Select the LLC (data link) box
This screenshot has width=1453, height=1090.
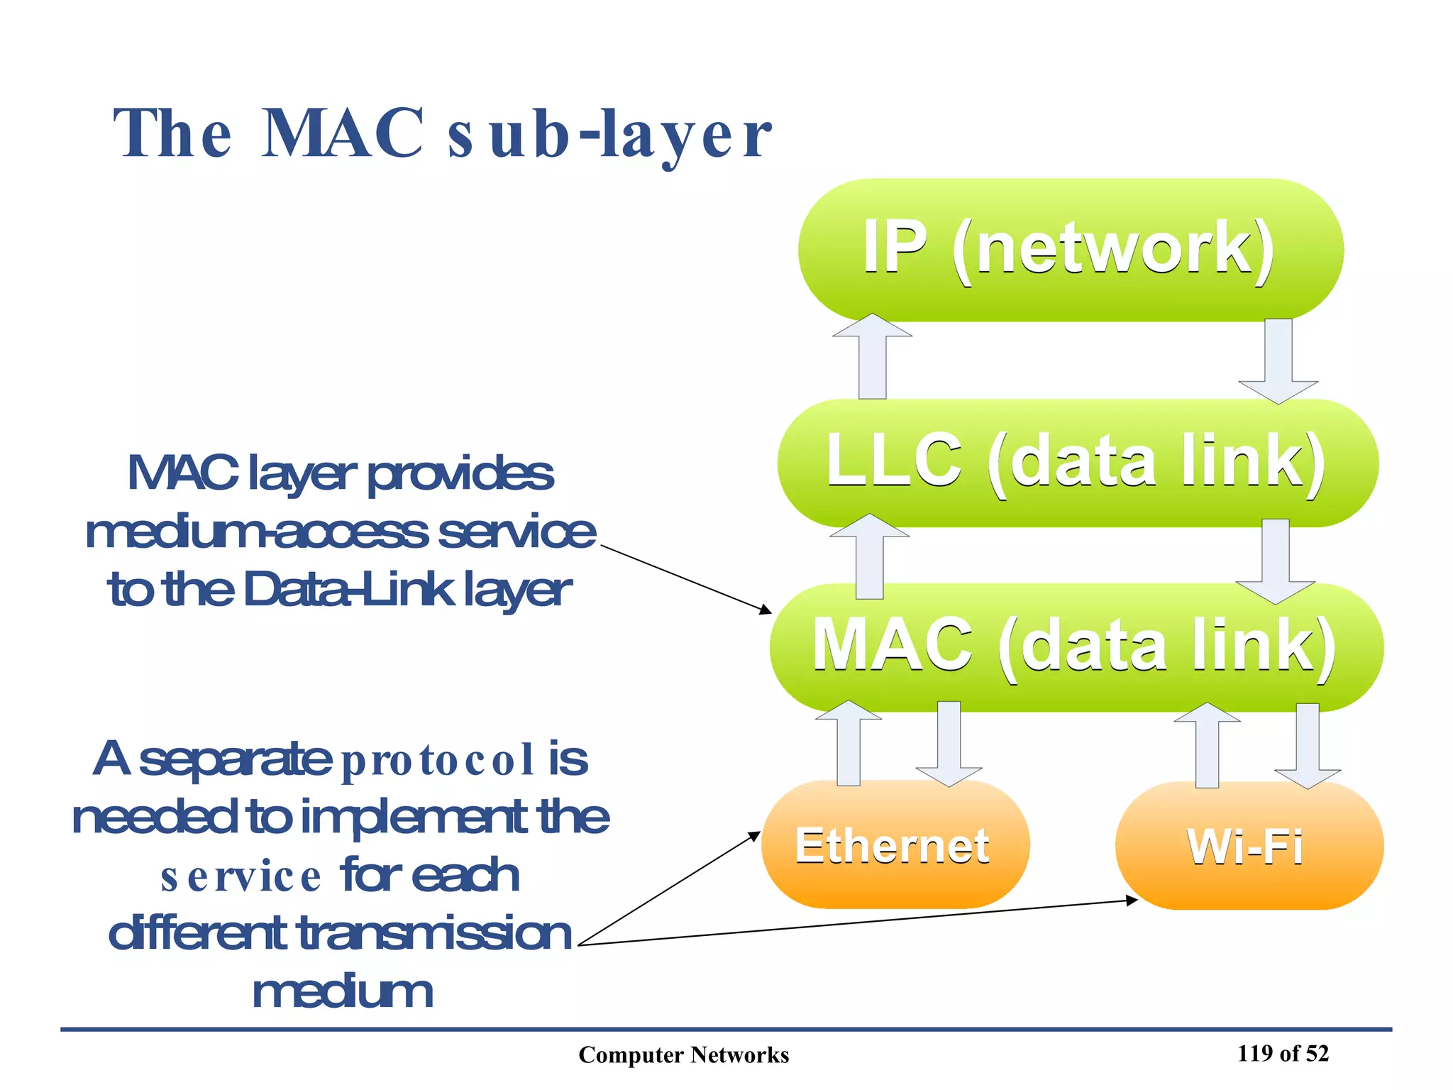[x=1077, y=463]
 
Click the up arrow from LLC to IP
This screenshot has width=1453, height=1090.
[x=872, y=358]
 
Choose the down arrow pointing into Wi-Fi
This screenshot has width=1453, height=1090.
[x=1308, y=745]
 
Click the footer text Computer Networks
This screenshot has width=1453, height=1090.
[x=683, y=1055]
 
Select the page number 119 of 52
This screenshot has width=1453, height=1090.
[x=1283, y=1053]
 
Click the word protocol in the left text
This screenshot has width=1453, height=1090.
[x=438, y=760]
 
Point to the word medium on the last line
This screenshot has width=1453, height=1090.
[x=343, y=992]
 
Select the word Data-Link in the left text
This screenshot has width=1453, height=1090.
[x=348, y=589]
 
